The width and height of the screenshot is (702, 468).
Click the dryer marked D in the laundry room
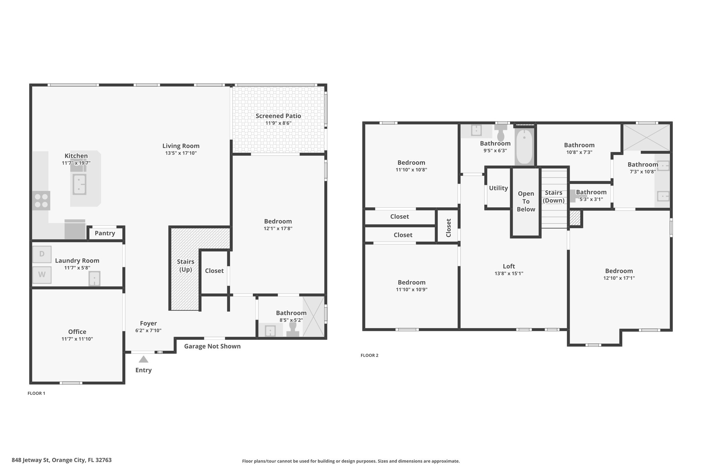coord(42,254)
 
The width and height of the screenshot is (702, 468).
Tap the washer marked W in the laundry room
coord(42,275)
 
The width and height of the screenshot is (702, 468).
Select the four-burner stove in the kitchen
coord(41,201)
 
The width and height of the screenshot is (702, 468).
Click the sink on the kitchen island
coord(79,184)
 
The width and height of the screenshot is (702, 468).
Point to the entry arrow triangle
coord(143,359)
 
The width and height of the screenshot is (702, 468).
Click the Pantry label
coord(105,233)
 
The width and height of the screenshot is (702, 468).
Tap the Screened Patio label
coord(278,116)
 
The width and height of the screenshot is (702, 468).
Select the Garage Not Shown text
coord(213,346)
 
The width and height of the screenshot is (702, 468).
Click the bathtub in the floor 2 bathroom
coord(524,147)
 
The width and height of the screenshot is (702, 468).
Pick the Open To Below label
coord(526,202)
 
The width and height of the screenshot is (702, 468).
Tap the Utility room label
coord(498,188)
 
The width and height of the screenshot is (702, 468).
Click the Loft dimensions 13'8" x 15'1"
coord(509,274)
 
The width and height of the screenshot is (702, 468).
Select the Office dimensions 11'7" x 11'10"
coord(77,339)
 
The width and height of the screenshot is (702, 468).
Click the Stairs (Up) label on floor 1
coord(186,266)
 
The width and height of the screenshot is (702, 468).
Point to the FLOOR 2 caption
coord(370,356)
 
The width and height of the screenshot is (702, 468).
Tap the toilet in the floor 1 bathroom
coord(293,329)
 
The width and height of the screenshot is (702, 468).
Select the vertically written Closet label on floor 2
coord(448,228)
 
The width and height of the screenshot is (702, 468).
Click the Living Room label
coord(181,146)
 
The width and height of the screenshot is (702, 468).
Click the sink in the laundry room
coord(95,279)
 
